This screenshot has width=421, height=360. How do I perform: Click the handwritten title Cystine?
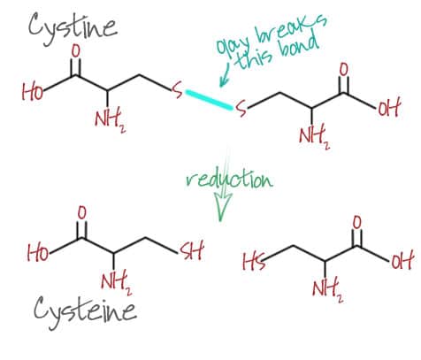(x=73, y=28)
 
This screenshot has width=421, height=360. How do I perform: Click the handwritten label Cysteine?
(x=85, y=312)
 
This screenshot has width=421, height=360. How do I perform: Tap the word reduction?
(x=230, y=179)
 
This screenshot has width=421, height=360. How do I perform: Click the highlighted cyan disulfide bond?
(x=209, y=100)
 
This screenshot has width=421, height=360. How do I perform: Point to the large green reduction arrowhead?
(x=222, y=206)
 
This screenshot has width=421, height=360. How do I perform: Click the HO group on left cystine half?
(x=33, y=91)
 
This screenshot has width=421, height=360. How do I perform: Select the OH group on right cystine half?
(x=388, y=108)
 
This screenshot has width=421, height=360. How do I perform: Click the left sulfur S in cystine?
(x=178, y=90)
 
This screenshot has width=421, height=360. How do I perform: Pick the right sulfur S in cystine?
(x=241, y=108)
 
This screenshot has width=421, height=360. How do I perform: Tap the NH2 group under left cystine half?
(x=110, y=121)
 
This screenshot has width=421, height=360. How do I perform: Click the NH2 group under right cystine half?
(x=314, y=137)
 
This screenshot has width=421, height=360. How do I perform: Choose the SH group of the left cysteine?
(x=192, y=251)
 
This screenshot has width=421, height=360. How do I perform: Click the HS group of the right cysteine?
(x=254, y=262)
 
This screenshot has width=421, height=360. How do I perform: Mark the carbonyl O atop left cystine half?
(x=76, y=50)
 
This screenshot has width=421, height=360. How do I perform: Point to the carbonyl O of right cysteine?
(x=356, y=223)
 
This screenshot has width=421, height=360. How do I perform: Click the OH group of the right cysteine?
(x=401, y=260)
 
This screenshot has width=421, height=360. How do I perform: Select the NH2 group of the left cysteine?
(x=117, y=282)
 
